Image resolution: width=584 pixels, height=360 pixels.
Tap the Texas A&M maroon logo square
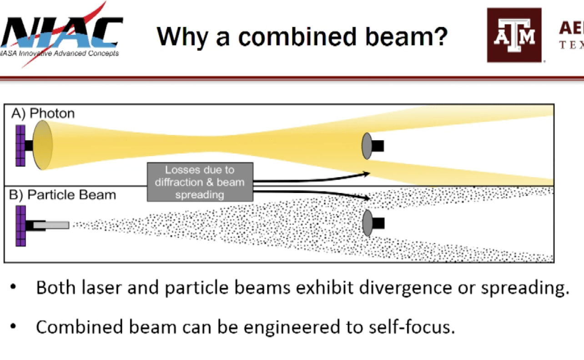(514, 35)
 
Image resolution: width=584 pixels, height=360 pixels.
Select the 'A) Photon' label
(43, 113)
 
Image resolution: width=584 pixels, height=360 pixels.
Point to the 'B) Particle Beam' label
(63, 195)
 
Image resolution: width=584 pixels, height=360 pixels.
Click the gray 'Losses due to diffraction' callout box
(200, 182)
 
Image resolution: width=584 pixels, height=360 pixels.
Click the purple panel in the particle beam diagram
(20, 225)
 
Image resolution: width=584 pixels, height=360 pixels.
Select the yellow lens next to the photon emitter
(43, 145)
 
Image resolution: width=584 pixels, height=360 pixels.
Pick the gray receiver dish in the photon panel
(367, 146)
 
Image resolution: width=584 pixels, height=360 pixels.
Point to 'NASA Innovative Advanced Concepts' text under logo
(59, 54)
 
